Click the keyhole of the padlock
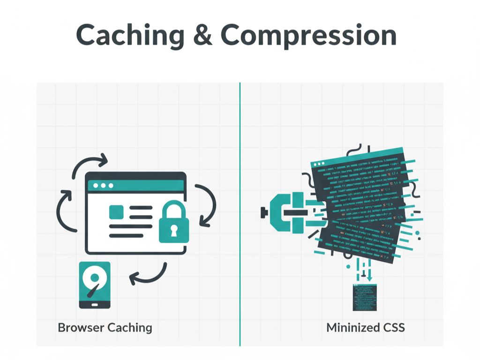(x=174, y=231)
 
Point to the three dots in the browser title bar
(x=103, y=186)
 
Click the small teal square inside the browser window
(x=115, y=212)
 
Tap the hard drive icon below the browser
(x=95, y=285)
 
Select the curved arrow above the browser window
(x=89, y=165)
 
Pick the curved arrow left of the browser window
(x=64, y=211)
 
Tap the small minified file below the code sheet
(x=365, y=297)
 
